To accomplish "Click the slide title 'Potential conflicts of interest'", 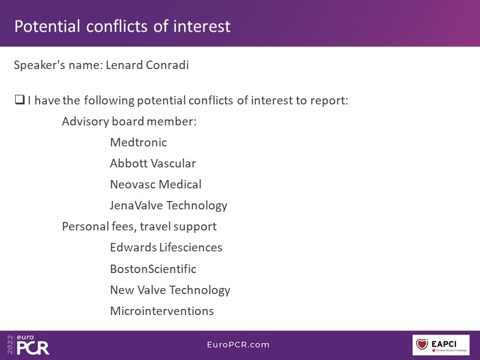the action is pyautogui.click(x=122, y=26).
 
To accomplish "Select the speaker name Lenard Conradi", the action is pyautogui.click(x=147, y=65).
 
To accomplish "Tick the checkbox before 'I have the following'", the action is pyautogui.click(x=20, y=100).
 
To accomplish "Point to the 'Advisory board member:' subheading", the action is pyautogui.click(x=129, y=122).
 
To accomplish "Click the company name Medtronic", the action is pyautogui.click(x=139, y=142).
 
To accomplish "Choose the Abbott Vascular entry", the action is pyautogui.click(x=153, y=163).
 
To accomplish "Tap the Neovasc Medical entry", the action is pyautogui.click(x=155, y=184).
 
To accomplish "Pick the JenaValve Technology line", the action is pyautogui.click(x=169, y=206).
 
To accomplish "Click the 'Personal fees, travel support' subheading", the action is pyautogui.click(x=139, y=227).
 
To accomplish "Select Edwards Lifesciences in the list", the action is pyautogui.click(x=166, y=247).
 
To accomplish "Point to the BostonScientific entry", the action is pyautogui.click(x=153, y=269).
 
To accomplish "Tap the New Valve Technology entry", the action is pyautogui.click(x=170, y=290).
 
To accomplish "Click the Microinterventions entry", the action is pyautogui.click(x=161, y=311).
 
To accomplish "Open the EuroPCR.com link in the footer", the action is pyautogui.click(x=238, y=344).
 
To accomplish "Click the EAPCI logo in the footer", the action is pyautogui.click(x=441, y=345).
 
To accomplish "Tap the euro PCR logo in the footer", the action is pyautogui.click(x=33, y=344).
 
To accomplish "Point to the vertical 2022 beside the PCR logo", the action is pyautogui.click(x=10, y=344).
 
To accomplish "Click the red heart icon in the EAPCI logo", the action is pyautogui.click(x=422, y=344).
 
